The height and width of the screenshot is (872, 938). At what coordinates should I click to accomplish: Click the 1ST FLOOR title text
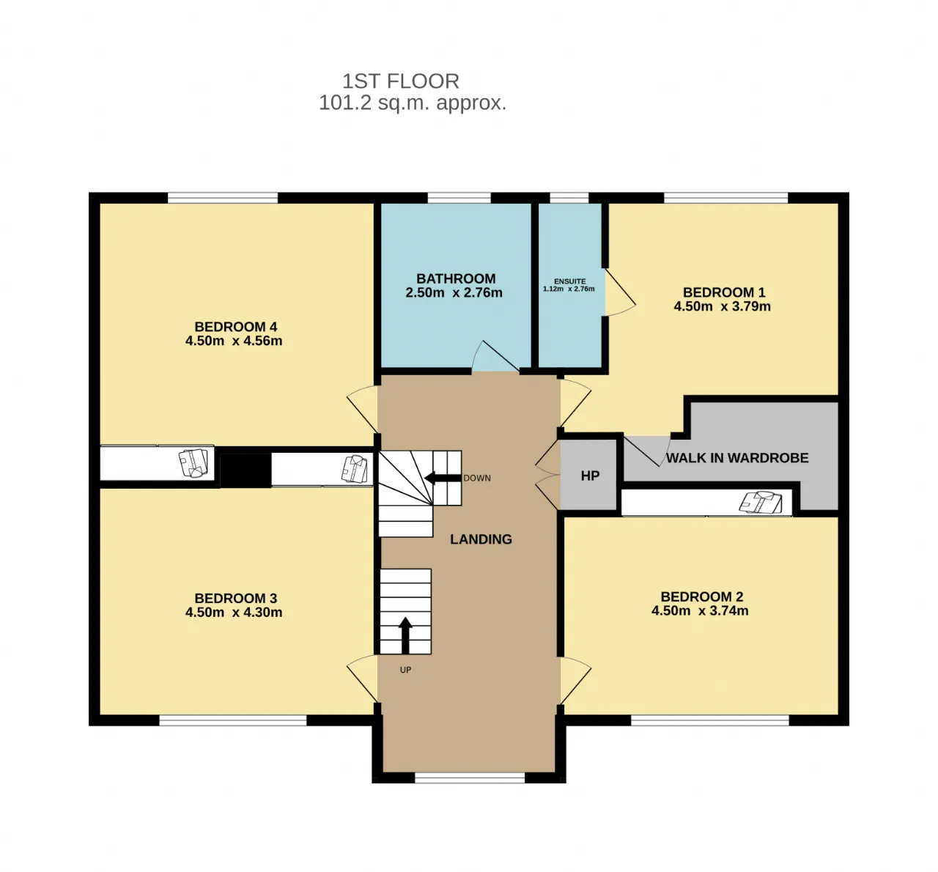pos(401,81)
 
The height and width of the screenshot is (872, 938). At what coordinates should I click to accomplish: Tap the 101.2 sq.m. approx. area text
pos(413,103)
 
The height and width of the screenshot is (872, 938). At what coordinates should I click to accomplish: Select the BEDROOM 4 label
pos(236,326)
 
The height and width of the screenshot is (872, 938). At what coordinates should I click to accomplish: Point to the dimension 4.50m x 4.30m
pos(234,612)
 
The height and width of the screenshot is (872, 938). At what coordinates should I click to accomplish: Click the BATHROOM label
pos(456,278)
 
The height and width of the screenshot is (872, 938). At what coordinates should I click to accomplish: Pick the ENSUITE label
pos(570,281)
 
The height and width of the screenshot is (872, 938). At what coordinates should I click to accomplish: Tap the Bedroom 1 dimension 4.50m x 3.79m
pos(722,306)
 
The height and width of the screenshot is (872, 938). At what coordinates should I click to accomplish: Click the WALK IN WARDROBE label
pos(737,458)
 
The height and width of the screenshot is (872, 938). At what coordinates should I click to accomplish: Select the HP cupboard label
pos(590,476)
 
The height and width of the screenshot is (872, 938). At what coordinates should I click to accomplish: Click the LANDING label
pos(481,539)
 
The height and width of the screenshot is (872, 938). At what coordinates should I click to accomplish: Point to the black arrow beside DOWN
pos(443,478)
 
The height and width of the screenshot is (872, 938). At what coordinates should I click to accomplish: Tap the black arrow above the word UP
pos(405,635)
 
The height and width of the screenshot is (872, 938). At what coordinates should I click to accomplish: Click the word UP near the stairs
pos(405,670)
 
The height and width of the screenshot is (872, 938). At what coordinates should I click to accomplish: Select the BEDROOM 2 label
pos(702,596)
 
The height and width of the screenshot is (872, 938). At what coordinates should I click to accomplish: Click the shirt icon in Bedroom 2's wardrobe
pos(761,502)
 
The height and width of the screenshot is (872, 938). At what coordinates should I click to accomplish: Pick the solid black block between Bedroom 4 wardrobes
pos(245,470)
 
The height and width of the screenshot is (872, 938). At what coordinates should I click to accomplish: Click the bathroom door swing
pos(495,355)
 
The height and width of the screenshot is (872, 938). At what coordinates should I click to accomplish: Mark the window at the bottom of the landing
pos(470,777)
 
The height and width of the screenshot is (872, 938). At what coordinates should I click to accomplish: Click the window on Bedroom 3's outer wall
pos(233,720)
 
